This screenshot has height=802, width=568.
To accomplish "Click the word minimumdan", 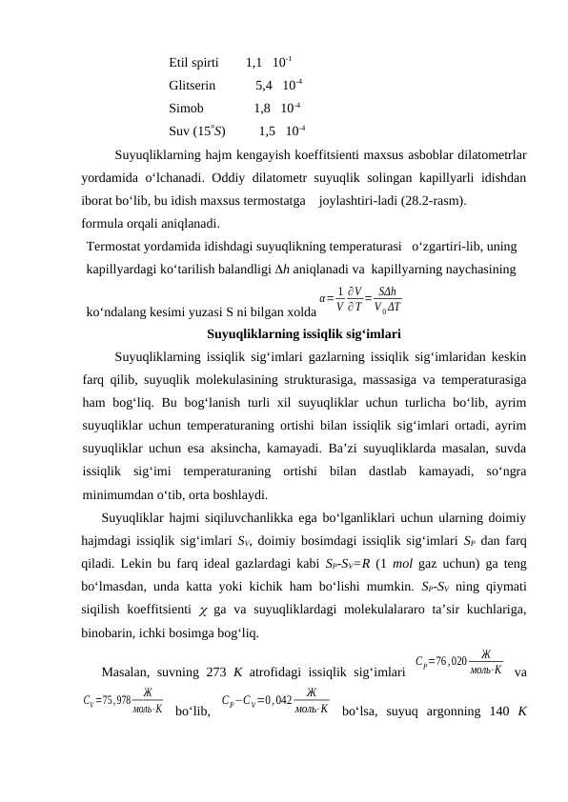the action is (x=119, y=494).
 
